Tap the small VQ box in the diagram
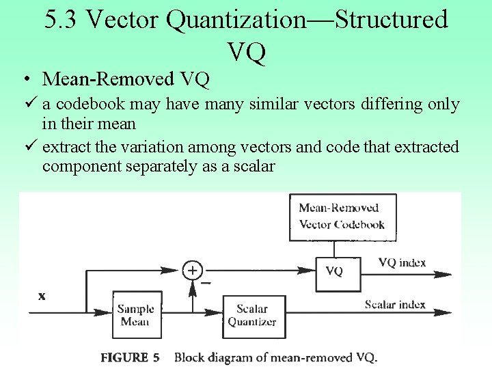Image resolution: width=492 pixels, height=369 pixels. point(335,272)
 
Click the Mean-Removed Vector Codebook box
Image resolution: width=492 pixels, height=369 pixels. point(341,217)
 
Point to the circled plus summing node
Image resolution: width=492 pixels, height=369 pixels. point(193,271)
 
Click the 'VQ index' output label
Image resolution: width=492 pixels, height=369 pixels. point(402,262)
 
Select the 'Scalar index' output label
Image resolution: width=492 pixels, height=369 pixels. point(396,304)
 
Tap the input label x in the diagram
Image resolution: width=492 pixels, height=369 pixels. point(42,296)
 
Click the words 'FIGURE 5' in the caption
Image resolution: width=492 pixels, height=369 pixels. point(130,357)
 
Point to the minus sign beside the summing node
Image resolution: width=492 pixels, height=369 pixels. point(206,282)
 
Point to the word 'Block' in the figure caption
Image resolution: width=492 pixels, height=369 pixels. point(190,357)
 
